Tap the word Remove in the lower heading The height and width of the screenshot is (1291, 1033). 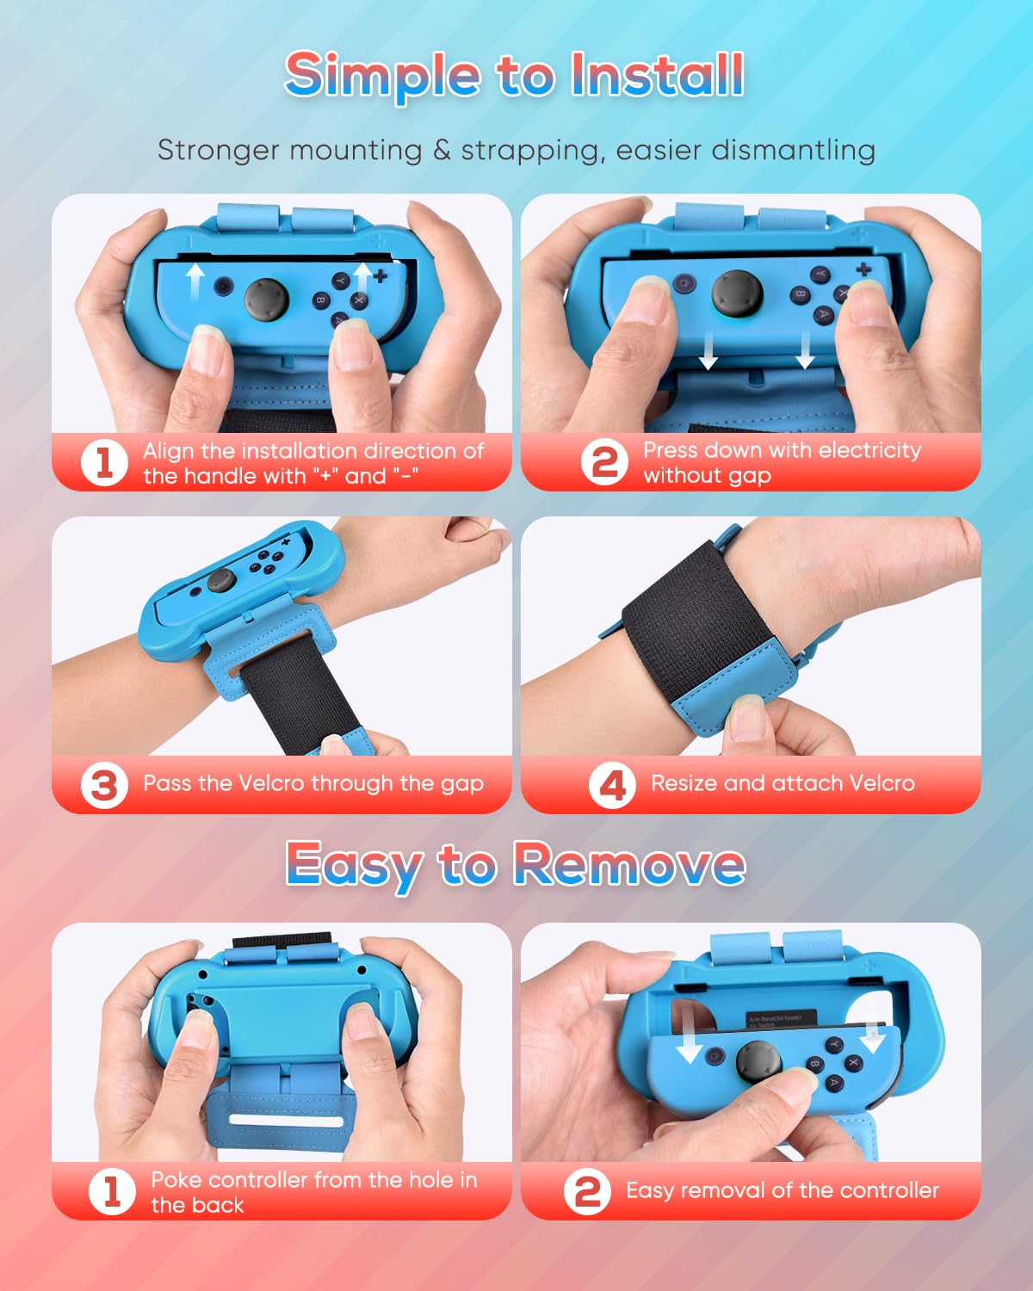[629, 863]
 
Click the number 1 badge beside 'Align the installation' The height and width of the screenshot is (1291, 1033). [104, 462]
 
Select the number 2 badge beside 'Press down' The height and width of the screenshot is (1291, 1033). [604, 462]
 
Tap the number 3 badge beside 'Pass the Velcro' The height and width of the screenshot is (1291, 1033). [104, 785]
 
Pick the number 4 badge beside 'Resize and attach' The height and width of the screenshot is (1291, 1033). [612, 785]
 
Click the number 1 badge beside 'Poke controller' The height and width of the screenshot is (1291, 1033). [112, 1192]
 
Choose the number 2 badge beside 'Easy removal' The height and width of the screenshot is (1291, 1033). [587, 1192]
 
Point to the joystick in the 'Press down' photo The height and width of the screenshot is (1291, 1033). [736, 293]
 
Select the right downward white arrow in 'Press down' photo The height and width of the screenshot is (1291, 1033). [805, 349]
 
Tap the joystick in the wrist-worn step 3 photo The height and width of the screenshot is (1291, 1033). [221, 581]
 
